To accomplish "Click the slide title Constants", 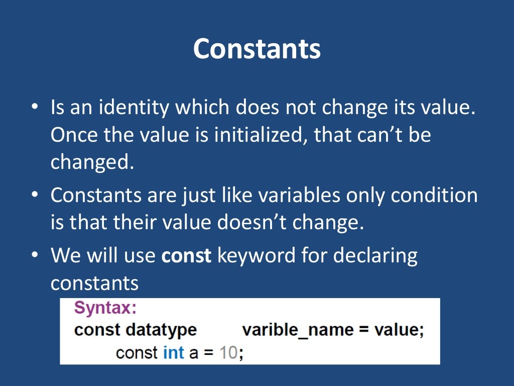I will [x=256, y=49].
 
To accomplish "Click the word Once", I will [x=72, y=135].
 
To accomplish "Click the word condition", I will [x=434, y=195].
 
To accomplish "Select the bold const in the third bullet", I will [x=187, y=256].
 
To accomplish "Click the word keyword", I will [x=256, y=256].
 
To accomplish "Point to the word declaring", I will [x=375, y=256].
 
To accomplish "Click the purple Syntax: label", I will [x=105, y=308].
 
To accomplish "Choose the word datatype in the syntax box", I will [x=161, y=330].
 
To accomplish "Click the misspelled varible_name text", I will [x=300, y=330].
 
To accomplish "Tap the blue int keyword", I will [x=174, y=352].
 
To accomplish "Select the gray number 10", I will [x=228, y=352].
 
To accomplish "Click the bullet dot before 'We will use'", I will [x=34, y=256].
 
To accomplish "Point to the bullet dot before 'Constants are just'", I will [x=34, y=196].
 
